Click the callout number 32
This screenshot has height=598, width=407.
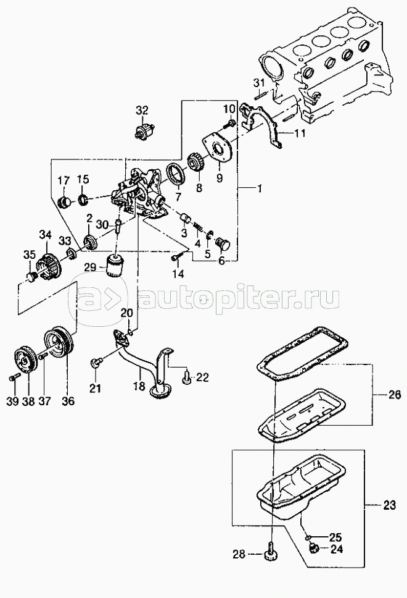pos(142,111)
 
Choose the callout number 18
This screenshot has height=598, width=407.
pos(139,388)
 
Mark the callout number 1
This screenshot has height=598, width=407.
pos(258,186)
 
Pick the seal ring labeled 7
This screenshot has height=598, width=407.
pos(175,172)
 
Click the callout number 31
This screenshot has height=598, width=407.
pos(259,83)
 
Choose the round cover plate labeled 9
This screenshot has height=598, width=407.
pos(219,148)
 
